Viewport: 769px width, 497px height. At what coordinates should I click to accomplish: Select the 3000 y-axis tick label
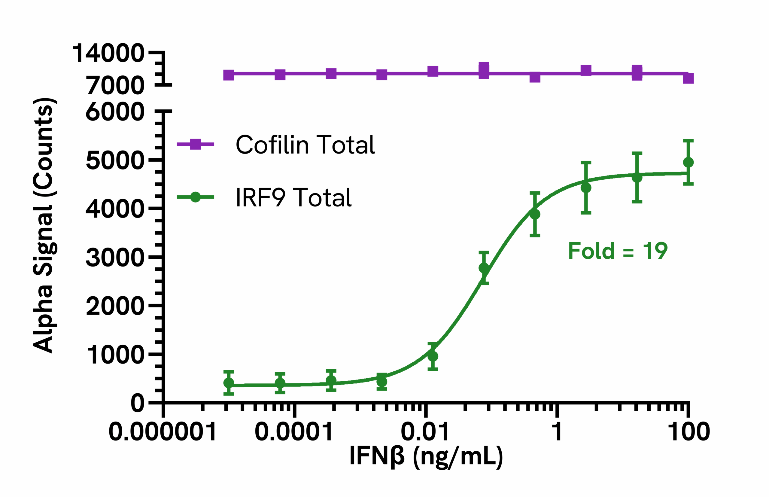pos(115,258)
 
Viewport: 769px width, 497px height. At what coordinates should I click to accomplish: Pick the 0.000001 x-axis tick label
pos(163,432)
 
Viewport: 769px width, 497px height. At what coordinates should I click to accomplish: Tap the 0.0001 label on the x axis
pos(293,432)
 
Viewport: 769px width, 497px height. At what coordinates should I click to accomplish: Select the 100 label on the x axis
pos(688,432)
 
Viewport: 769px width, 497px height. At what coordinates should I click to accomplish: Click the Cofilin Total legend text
pos(305,145)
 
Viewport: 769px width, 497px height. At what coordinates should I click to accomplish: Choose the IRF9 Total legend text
pos(293,197)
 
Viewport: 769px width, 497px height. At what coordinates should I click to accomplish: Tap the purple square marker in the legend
pos(196,144)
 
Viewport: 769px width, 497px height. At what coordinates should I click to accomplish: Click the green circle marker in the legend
pos(196,197)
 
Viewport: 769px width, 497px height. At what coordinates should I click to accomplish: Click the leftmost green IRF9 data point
pos(229,383)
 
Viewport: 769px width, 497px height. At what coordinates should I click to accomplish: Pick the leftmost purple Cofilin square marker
pos(229,75)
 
